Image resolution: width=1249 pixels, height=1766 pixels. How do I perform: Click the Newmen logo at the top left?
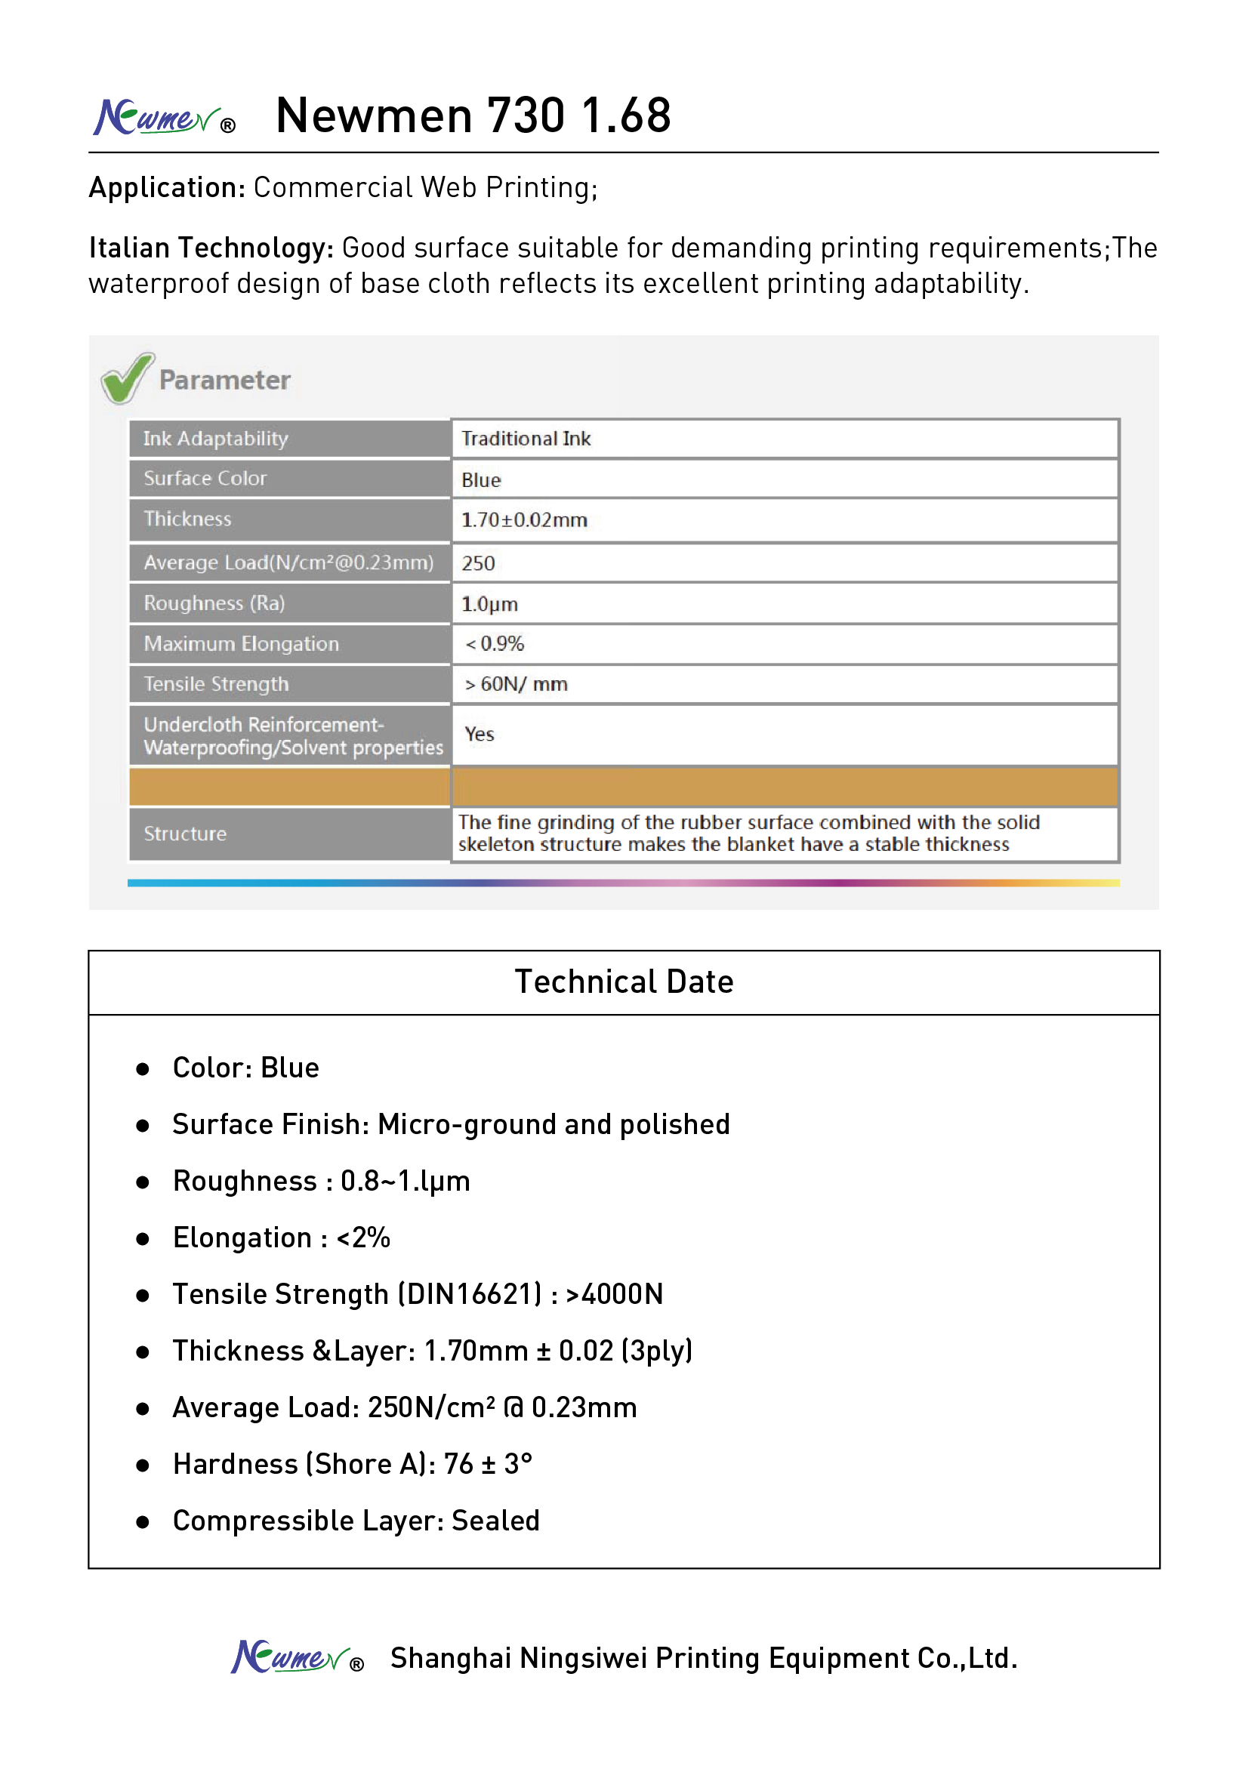(163, 118)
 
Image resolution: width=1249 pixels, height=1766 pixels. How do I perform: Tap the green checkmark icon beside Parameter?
(127, 378)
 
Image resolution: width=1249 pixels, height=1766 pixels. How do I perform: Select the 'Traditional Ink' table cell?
(526, 439)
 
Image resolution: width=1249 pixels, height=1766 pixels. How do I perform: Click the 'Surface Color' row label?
(205, 479)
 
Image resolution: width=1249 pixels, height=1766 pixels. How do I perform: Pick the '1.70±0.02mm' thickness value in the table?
(524, 520)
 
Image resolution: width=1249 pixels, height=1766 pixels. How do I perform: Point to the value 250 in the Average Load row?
(477, 564)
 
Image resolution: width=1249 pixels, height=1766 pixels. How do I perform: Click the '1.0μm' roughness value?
(489, 604)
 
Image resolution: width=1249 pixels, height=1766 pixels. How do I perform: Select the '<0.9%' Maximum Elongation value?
(495, 644)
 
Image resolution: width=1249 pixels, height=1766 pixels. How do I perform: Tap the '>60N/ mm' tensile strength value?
(516, 684)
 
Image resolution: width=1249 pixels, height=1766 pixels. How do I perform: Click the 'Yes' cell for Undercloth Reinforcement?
(480, 735)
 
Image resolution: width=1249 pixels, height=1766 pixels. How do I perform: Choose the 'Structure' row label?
(185, 834)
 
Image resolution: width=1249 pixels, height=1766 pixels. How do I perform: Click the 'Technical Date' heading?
(624, 982)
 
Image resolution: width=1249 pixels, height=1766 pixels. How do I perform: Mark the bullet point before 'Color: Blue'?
(142, 1069)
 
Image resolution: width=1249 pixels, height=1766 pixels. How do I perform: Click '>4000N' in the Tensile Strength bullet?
(614, 1295)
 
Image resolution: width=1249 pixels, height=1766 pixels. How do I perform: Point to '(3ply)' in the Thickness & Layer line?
(657, 1351)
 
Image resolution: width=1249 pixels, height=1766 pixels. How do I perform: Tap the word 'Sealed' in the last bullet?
(495, 1521)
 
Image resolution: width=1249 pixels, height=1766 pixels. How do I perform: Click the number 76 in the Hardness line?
(458, 1465)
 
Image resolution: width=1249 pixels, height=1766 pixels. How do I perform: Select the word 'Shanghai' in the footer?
(451, 1658)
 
